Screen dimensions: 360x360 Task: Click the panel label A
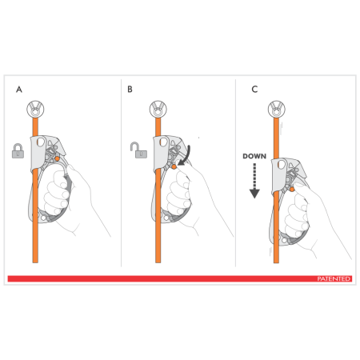[19, 90]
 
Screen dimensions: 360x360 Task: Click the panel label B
[130, 90]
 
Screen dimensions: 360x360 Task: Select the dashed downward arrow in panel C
[254, 180]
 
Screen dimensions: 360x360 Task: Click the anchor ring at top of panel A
[35, 109]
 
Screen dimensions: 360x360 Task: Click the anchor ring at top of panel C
[277, 109]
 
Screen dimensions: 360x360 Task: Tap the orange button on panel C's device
[292, 190]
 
